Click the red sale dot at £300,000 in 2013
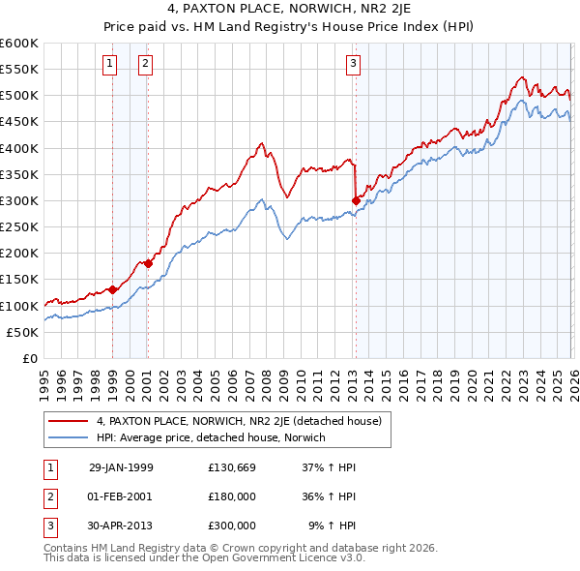click(356, 200)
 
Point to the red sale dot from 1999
click(113, 289)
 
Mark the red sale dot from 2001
click(148, 263)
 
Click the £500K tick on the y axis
click(19, 96)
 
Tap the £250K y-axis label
click(19, 227)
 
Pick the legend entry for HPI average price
click(211, 437)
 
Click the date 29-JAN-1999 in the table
click(121, 466)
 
